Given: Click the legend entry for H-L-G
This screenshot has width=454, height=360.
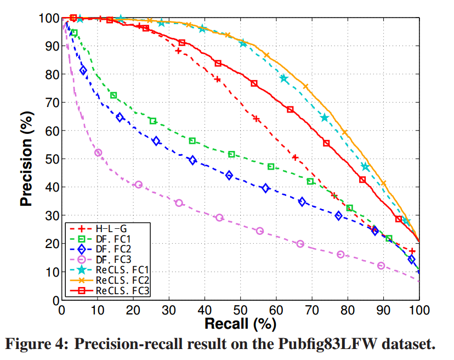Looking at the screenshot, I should pyautogui.click(x=104, y=228).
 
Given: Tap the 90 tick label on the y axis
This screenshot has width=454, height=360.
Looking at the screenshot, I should pyautogui.click(x=48, y=46).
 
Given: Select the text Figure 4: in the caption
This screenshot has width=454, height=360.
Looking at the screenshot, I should pyautogui.click(x=37, y=344).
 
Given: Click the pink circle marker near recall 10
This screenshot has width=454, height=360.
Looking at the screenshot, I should pyautogui.click(x=98, y=153).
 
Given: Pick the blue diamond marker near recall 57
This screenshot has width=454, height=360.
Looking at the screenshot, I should pyautogui.click(x=266, y=188).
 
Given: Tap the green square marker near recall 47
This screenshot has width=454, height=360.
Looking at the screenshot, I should pyautogui.click(x=231, y=154).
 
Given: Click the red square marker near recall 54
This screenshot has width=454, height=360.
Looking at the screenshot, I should pyautogui.click(x=254, y=83).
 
